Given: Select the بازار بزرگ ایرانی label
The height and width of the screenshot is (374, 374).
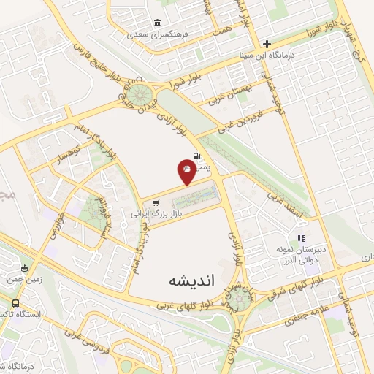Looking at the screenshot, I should [x=155, y=215].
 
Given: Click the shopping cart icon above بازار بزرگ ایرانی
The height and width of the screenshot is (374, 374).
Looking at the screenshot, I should [x=156, y=203].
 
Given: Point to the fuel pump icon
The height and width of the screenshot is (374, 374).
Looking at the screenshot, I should [x=197, y=155].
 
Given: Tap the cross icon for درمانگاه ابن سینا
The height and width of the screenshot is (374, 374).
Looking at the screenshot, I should [x=267, y=44].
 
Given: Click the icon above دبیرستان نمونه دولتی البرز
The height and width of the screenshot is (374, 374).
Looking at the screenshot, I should [x=300, y=238].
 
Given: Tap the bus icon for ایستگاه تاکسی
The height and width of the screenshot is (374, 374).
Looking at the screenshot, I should [x=16, y=302].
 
